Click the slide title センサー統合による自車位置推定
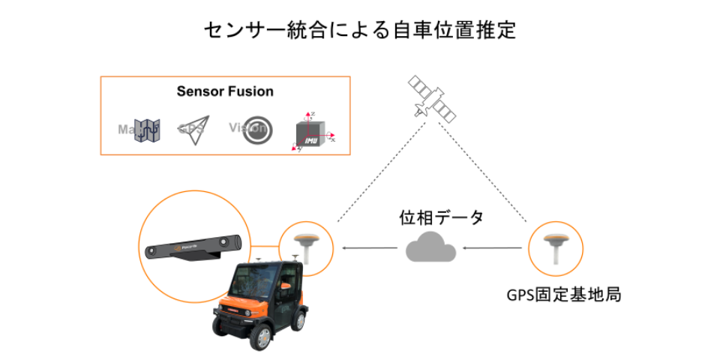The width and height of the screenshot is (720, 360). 360,31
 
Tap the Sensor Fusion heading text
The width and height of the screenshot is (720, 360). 225,91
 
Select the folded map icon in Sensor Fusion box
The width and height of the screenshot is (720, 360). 148,130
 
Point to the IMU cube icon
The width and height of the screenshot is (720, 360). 310,132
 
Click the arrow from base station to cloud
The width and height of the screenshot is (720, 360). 491,247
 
